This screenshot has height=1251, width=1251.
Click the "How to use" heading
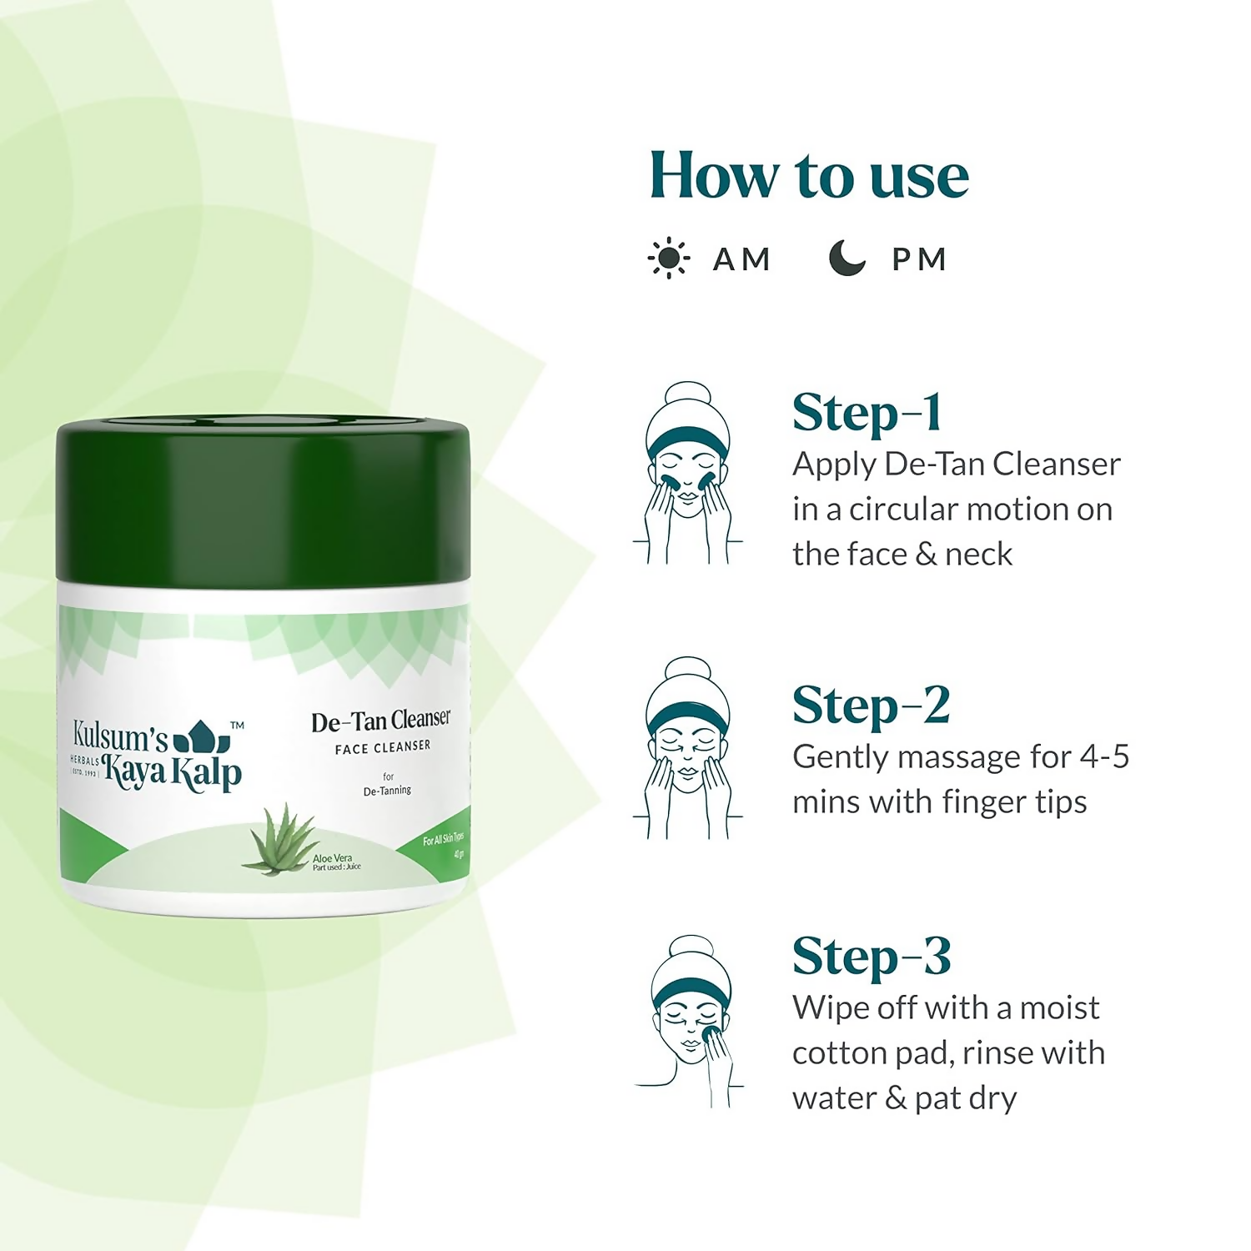pos(808,176)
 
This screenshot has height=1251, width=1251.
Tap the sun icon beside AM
pos(668,259)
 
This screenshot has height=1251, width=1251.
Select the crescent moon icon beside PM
pos(847,258)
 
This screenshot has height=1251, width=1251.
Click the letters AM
pos(741,259)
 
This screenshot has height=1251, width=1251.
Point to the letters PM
pos(919,259)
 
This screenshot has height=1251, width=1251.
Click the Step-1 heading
pos(867,413)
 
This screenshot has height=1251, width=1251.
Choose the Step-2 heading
pos(871,706)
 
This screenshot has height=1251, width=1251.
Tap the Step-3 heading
pos(871,956)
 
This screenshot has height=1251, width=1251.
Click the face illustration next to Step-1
pos(688,473)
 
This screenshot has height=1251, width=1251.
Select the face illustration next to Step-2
pos(688,748)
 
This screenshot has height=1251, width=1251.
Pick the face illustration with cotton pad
pos(691,1022)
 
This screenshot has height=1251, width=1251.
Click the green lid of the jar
pos(263,500)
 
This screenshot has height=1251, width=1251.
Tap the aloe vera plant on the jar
pos(278,841)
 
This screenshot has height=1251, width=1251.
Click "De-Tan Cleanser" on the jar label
pos(380,721)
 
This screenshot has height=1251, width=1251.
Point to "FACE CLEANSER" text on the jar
pos(383,747)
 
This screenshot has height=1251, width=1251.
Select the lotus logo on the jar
pos(200,736)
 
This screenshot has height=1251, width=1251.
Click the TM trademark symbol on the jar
pos(237,726)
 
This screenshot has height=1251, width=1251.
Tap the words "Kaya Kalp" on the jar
pos(173,773)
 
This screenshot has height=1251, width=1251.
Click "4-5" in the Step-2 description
pos(1104,756)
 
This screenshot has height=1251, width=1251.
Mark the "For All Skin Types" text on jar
pos(442,838)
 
